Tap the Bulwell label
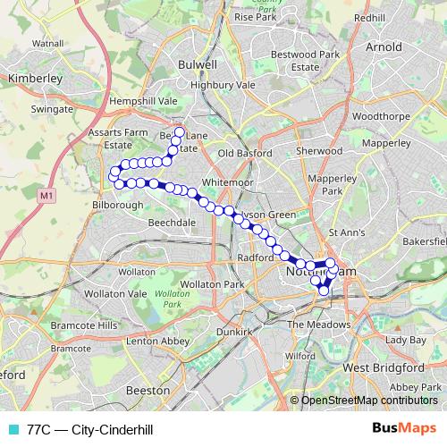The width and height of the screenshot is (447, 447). tap(198, 65)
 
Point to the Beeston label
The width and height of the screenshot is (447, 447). tap(141, 391)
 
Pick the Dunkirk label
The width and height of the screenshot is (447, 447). tap(232, 329)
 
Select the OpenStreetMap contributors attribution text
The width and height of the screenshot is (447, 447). tap(368, 401)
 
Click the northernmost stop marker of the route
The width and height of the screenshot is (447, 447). tap(179, 133)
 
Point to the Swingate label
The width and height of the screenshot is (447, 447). tap(53, 108)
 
